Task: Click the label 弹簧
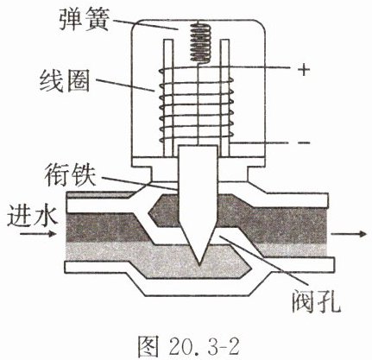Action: click(x=85, y=18)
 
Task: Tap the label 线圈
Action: click(x=65, y=81)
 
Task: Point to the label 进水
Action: click(x=32, y=216)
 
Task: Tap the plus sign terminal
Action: click(x=303, y=70)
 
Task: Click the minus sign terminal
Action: click(x=303, y=143)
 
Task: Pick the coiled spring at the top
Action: click(x=201, y=42)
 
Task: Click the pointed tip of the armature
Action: click(x=199, y=264)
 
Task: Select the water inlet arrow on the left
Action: click(x=38, y=233)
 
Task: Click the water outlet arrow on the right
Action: click(x=349, y=234)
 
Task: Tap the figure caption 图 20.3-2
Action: click(x=188, y=346)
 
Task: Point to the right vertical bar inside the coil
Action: click(x=224, y=98)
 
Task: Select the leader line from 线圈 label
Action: click(x=125, y=85)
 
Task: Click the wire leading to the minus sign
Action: click(x=260, y=143)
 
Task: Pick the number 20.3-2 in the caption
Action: click(x=204, y=346)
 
